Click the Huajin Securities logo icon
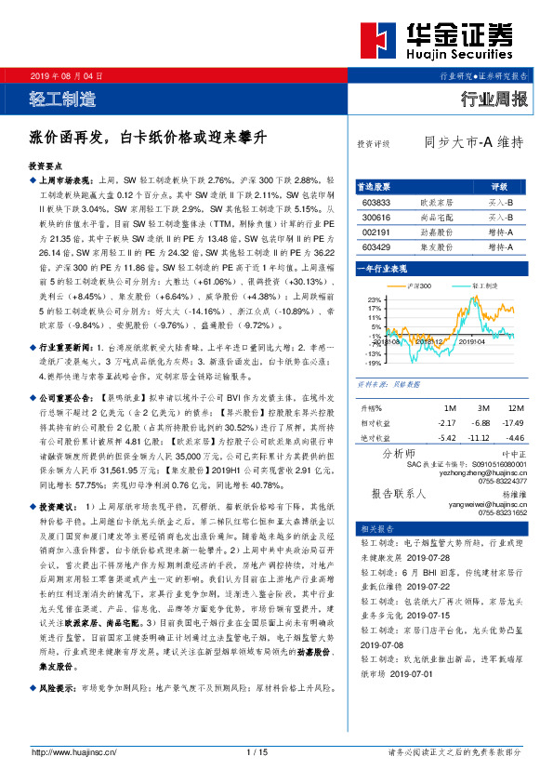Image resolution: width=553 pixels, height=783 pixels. [x=379, y=42]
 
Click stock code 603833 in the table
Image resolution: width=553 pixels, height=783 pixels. [x=376, y=202]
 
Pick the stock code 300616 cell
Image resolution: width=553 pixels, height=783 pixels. [x=376, y=217]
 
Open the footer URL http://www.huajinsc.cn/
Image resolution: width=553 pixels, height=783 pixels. [x=77, y=752]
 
